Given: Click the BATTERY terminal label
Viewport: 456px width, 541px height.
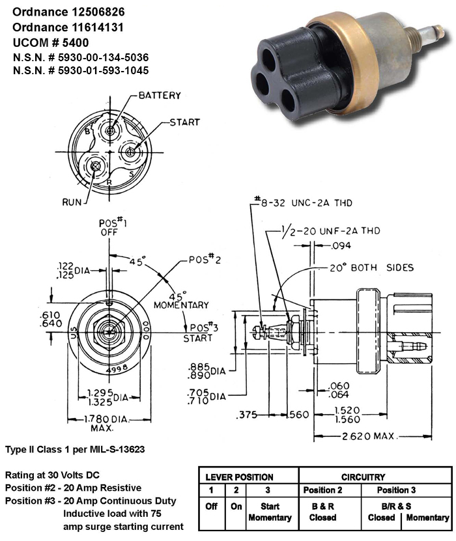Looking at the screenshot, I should click(160, 96).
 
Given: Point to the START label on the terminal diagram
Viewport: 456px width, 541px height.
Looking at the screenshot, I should click(184, 122).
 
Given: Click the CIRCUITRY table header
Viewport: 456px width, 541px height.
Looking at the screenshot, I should click(375, 477).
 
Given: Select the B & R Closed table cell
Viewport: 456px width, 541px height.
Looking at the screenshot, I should click(319, 512).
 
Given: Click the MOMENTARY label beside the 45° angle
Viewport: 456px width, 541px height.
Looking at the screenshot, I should click(180, 305).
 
